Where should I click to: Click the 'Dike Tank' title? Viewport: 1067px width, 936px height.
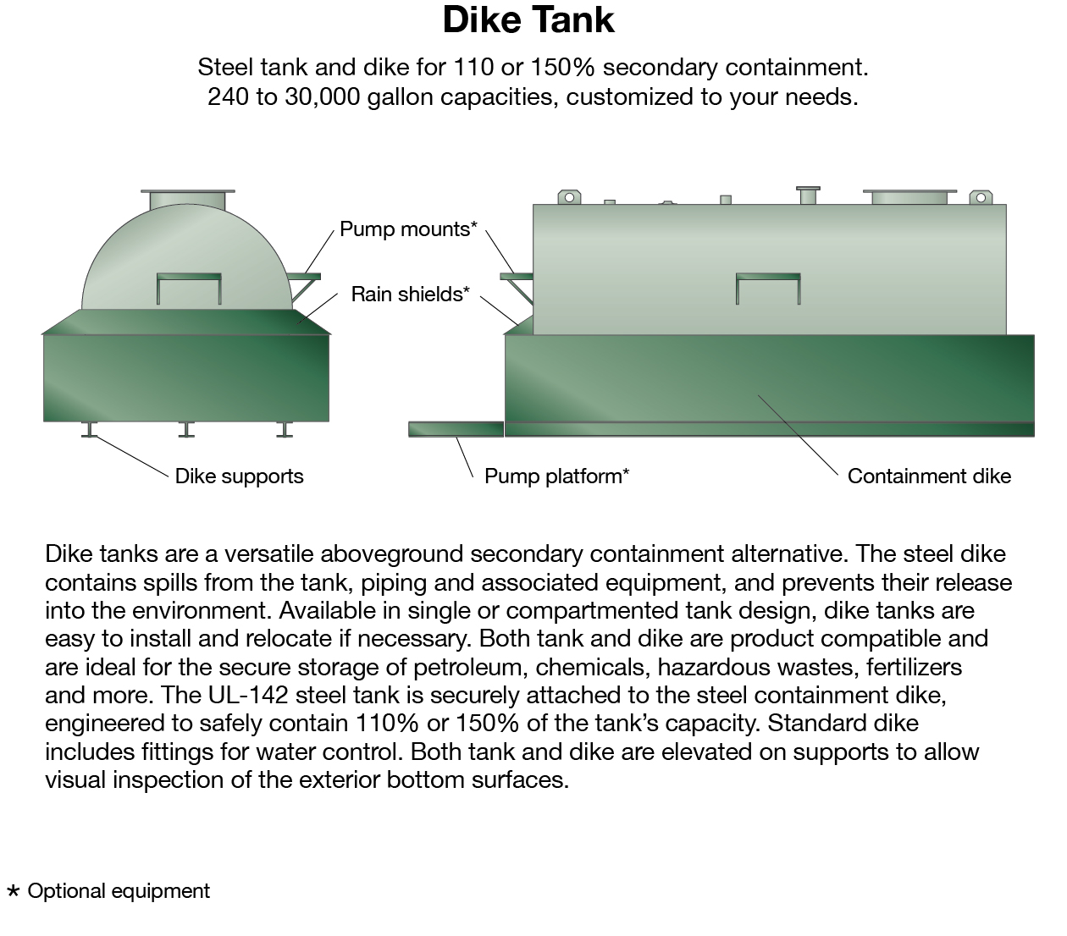pyautogui.click(x=528, y=20)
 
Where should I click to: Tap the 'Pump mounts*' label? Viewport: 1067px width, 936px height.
pyautogui.click(x=408, y=229)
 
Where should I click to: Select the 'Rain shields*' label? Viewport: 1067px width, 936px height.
pyautogui.click(x=410, y=294)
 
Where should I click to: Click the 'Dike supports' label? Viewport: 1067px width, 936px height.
pyautogui.click(x=239, y=476)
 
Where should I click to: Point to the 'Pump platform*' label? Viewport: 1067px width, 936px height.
pyautogui.click(x=556, y=476)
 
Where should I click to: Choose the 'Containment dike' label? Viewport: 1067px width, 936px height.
pyautogui.click(x=929, y=476)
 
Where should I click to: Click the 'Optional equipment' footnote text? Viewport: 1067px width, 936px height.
pyautogui.click(x=119, y=891)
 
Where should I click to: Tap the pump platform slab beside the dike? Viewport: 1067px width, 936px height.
pyautogui.click(x=456, y=429)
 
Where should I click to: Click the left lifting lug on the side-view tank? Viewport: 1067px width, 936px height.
pyautogui.click(x=569, y=197)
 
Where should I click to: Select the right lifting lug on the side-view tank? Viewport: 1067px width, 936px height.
pyautogui.click(x=981, y=197)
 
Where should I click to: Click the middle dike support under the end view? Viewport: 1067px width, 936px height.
pyautogui.click(x=186, y=430)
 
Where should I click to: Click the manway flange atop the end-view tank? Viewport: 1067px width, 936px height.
pyautogui.click(x=187, y=198)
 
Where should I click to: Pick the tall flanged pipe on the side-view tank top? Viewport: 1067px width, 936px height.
pyautogui.click(x=808, y=195)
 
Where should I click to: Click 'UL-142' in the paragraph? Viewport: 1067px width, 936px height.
pyautogui.click(x=248, y=695)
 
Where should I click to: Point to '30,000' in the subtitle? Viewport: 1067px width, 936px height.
pyautogui.click(x=323, y=96)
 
